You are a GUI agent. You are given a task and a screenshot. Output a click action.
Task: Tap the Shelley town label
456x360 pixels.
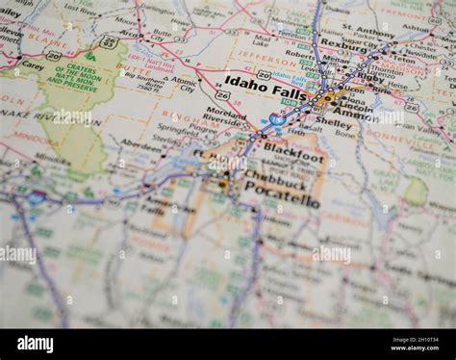pos(334,122)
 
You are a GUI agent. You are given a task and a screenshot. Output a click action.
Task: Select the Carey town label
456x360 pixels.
pos(33,66)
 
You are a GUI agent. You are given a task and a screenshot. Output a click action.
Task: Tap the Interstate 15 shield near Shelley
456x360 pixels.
pos(277,118)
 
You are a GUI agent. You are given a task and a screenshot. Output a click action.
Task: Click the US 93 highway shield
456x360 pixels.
pos(109,43)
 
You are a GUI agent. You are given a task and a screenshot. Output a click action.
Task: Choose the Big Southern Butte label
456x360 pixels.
pos(141,85)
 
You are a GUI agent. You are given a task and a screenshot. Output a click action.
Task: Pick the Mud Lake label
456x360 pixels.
pos(261,40)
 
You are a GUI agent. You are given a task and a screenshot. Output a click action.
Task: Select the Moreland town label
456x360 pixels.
pos(226,112)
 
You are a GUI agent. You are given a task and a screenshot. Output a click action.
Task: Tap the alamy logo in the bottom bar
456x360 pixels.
pos(36,344)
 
